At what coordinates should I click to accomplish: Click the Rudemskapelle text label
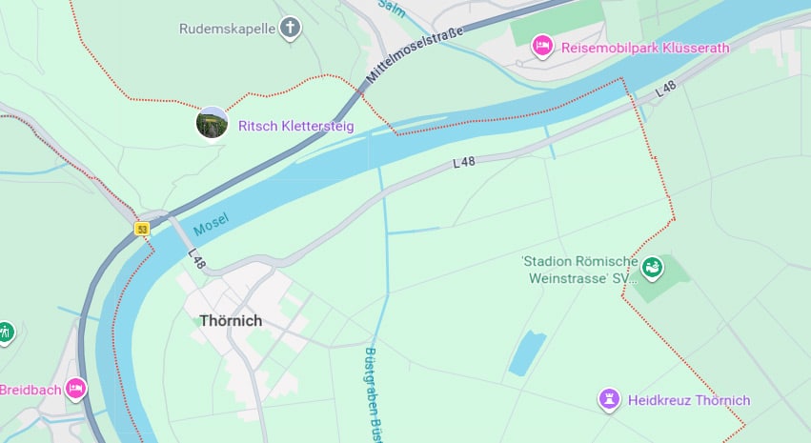pos(227,29)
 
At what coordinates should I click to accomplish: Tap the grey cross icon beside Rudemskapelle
pos(291,29)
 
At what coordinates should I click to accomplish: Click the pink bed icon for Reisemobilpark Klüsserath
pos(542,45)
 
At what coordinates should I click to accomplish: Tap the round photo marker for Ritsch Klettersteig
pos(212,124)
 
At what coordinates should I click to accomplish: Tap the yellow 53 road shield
pos(142,229)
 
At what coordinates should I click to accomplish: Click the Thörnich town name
pos(231,321)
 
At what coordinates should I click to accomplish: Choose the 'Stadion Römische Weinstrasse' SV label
pos(578,270)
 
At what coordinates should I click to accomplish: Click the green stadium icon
pos(652,269)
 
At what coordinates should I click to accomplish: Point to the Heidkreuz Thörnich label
pos(689,400)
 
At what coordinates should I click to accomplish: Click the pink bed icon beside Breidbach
pos(75,389)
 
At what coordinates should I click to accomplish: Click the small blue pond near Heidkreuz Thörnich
pos(527,352)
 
